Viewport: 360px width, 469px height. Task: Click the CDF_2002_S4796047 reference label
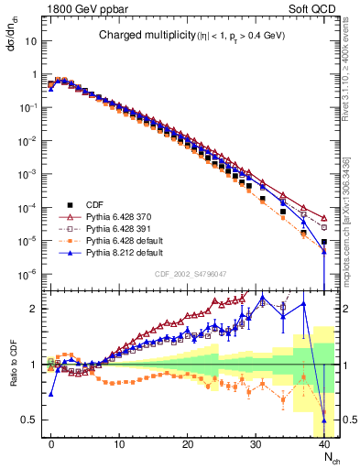tap(189, 273)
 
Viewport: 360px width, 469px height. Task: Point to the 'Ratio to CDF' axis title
tap(13, 365)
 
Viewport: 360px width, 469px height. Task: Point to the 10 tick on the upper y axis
tap(29, 41)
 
